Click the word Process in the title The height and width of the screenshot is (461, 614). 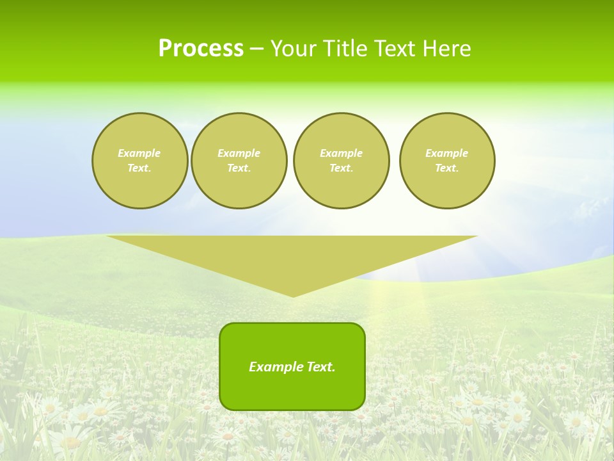[201, 49]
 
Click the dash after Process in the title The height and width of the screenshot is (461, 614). [256, 49]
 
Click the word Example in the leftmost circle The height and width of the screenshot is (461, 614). [139, 153]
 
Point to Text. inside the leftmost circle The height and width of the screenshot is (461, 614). [139, 168]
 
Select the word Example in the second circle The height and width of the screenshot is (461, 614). [239, 153]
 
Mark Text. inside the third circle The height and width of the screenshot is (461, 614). [342, 168]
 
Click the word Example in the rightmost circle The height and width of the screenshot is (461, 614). [447, 153]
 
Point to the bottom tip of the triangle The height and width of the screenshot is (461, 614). [293, 296]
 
